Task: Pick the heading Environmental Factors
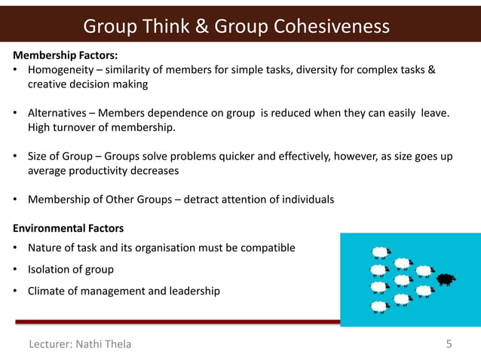tap(68, 227)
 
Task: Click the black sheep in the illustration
tap(446, 279)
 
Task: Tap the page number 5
tap(449, 344)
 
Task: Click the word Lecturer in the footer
tap(49, 344)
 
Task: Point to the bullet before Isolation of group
tap(16, 270)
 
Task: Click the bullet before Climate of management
tap(16, 291)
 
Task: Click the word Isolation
tap(50, 270)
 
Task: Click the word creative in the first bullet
tap(48, 84)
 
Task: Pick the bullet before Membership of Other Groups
tap(16, 200)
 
